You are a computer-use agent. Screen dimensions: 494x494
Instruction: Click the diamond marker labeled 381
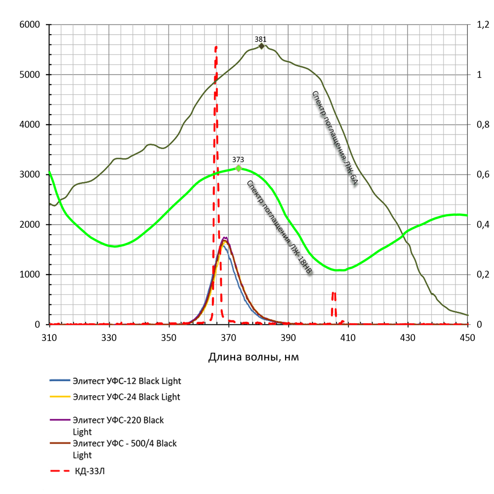(261, 46)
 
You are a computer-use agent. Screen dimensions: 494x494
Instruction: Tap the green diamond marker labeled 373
(238, 168)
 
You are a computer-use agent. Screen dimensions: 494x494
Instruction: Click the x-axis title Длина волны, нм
(253, 357)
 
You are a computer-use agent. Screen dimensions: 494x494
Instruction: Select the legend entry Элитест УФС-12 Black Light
(126, 381)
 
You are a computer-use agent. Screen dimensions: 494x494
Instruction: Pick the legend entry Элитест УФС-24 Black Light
(126, 397)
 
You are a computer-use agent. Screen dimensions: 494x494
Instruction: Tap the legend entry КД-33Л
(90, 471)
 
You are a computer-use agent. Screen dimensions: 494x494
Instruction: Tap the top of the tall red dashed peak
(216, 47)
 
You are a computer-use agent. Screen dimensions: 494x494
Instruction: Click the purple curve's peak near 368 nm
(225, 238)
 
